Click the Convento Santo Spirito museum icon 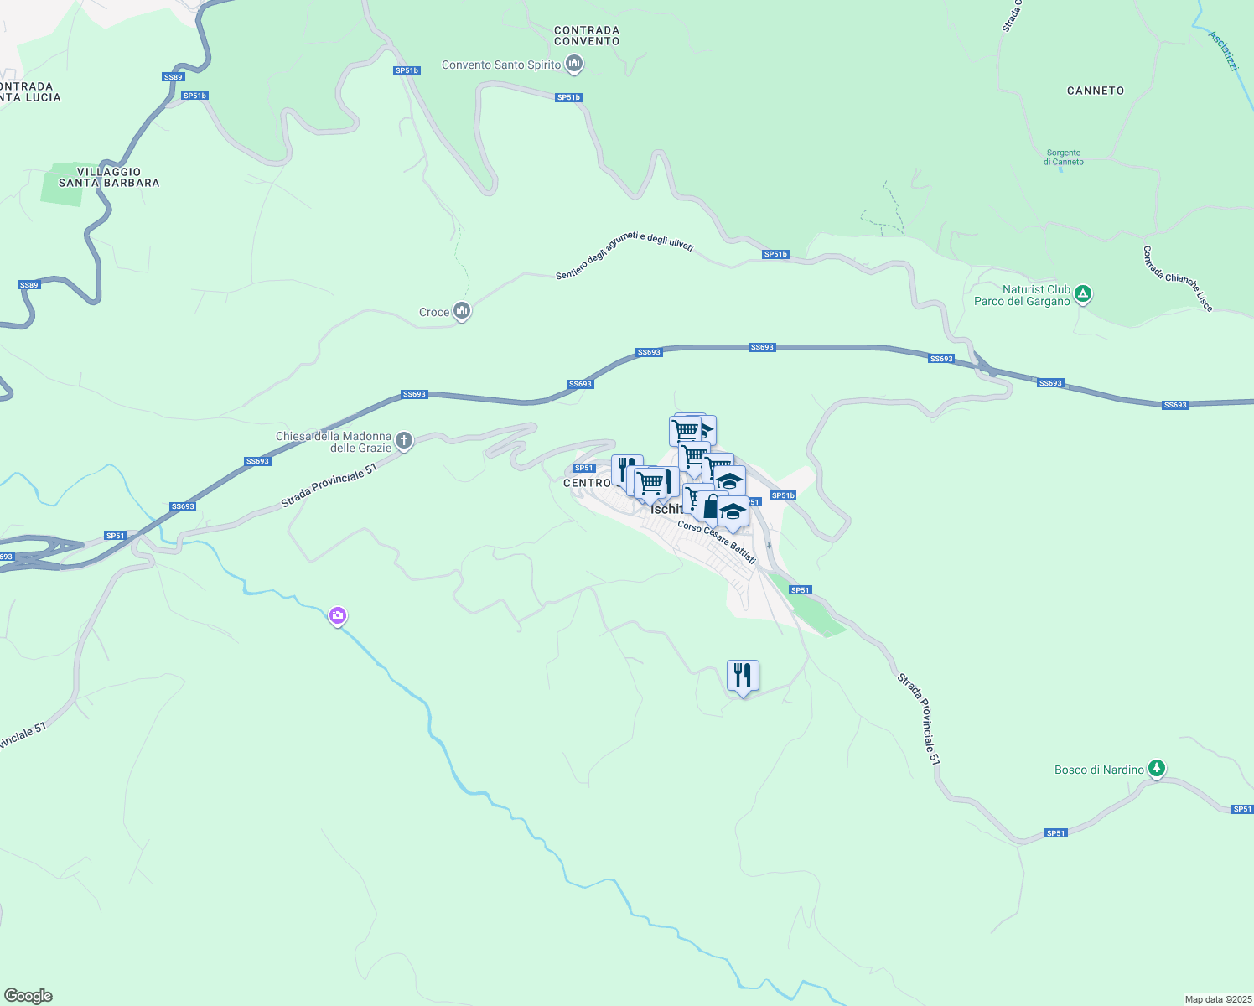574,64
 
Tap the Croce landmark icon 461,312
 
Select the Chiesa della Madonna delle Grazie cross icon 404,441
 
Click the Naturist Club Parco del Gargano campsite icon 1083,294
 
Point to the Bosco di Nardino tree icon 1157,769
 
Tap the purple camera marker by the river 338,616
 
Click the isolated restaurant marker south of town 743,676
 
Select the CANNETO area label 1096,91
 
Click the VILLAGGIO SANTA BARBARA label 109,177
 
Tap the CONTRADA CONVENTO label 587,35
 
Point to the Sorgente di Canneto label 1064,158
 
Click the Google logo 28,996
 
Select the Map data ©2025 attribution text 1217,999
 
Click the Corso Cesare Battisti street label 717,542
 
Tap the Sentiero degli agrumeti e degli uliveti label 624,255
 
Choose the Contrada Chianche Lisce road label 1178,278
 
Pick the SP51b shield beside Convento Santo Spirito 568,98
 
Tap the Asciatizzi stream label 1223,50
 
